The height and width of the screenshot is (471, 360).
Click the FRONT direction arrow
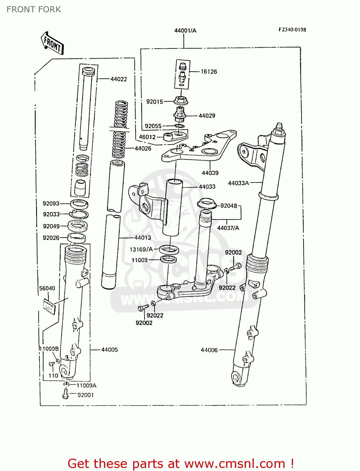tap(52, 43)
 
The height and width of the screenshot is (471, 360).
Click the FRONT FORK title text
tap(34, 9)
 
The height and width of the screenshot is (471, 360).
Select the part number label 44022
tap(118, 79)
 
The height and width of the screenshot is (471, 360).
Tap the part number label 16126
tap(209, 72)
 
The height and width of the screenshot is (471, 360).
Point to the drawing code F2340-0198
tap(292, 30)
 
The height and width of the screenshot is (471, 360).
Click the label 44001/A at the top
tap(185, 30)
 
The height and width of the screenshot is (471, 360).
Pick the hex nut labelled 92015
tap(181, 101)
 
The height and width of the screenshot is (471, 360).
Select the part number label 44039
tap(210, 173)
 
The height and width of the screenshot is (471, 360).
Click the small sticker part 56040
tap(49, 306)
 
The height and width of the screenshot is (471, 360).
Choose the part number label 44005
tap(109, 349)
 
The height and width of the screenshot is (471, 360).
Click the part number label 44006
tap(209, 350)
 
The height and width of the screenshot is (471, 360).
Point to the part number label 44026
tap(143, 149)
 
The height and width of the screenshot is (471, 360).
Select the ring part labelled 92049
tap(78, 226)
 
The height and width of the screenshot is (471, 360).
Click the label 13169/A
tap(141, 249)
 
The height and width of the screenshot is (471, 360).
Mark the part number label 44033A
tap(238, 183)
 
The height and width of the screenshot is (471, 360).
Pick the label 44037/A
tap(228, 228)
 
